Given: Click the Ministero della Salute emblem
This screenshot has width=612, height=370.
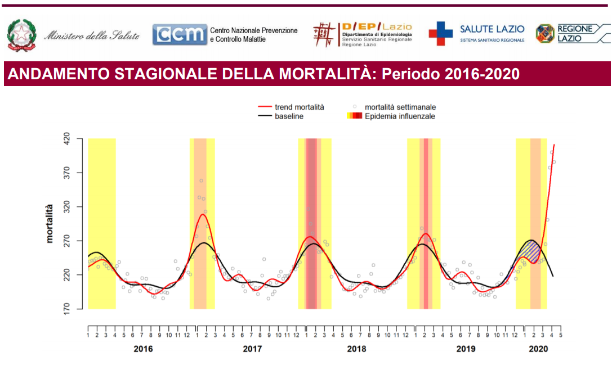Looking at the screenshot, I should tap(22, 35).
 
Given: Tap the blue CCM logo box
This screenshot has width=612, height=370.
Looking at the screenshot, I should tap(180, 35).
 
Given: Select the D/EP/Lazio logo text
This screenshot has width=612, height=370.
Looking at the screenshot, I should tap(377, 27).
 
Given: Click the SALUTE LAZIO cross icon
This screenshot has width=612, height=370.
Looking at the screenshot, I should tap(440, 34).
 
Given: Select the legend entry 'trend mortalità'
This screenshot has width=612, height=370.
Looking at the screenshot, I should tap(299, 107).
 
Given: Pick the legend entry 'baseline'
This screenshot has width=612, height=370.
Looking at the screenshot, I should tap(289, 116).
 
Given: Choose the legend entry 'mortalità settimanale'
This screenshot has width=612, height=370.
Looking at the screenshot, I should tap(400, 107).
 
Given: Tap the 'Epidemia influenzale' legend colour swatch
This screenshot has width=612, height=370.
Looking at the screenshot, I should tap(355, 116).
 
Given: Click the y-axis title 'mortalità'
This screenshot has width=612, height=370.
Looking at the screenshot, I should tap(50, 223).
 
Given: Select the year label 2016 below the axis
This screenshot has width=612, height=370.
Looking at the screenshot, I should tap(143, 349).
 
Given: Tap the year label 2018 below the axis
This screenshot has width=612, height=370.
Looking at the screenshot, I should tap(356, 349).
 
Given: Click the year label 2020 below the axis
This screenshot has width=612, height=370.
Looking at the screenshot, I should tap(538, 349).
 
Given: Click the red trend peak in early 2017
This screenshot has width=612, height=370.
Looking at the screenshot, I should tap(203, 214).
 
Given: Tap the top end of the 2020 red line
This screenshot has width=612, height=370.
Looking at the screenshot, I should tap(555, 145).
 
